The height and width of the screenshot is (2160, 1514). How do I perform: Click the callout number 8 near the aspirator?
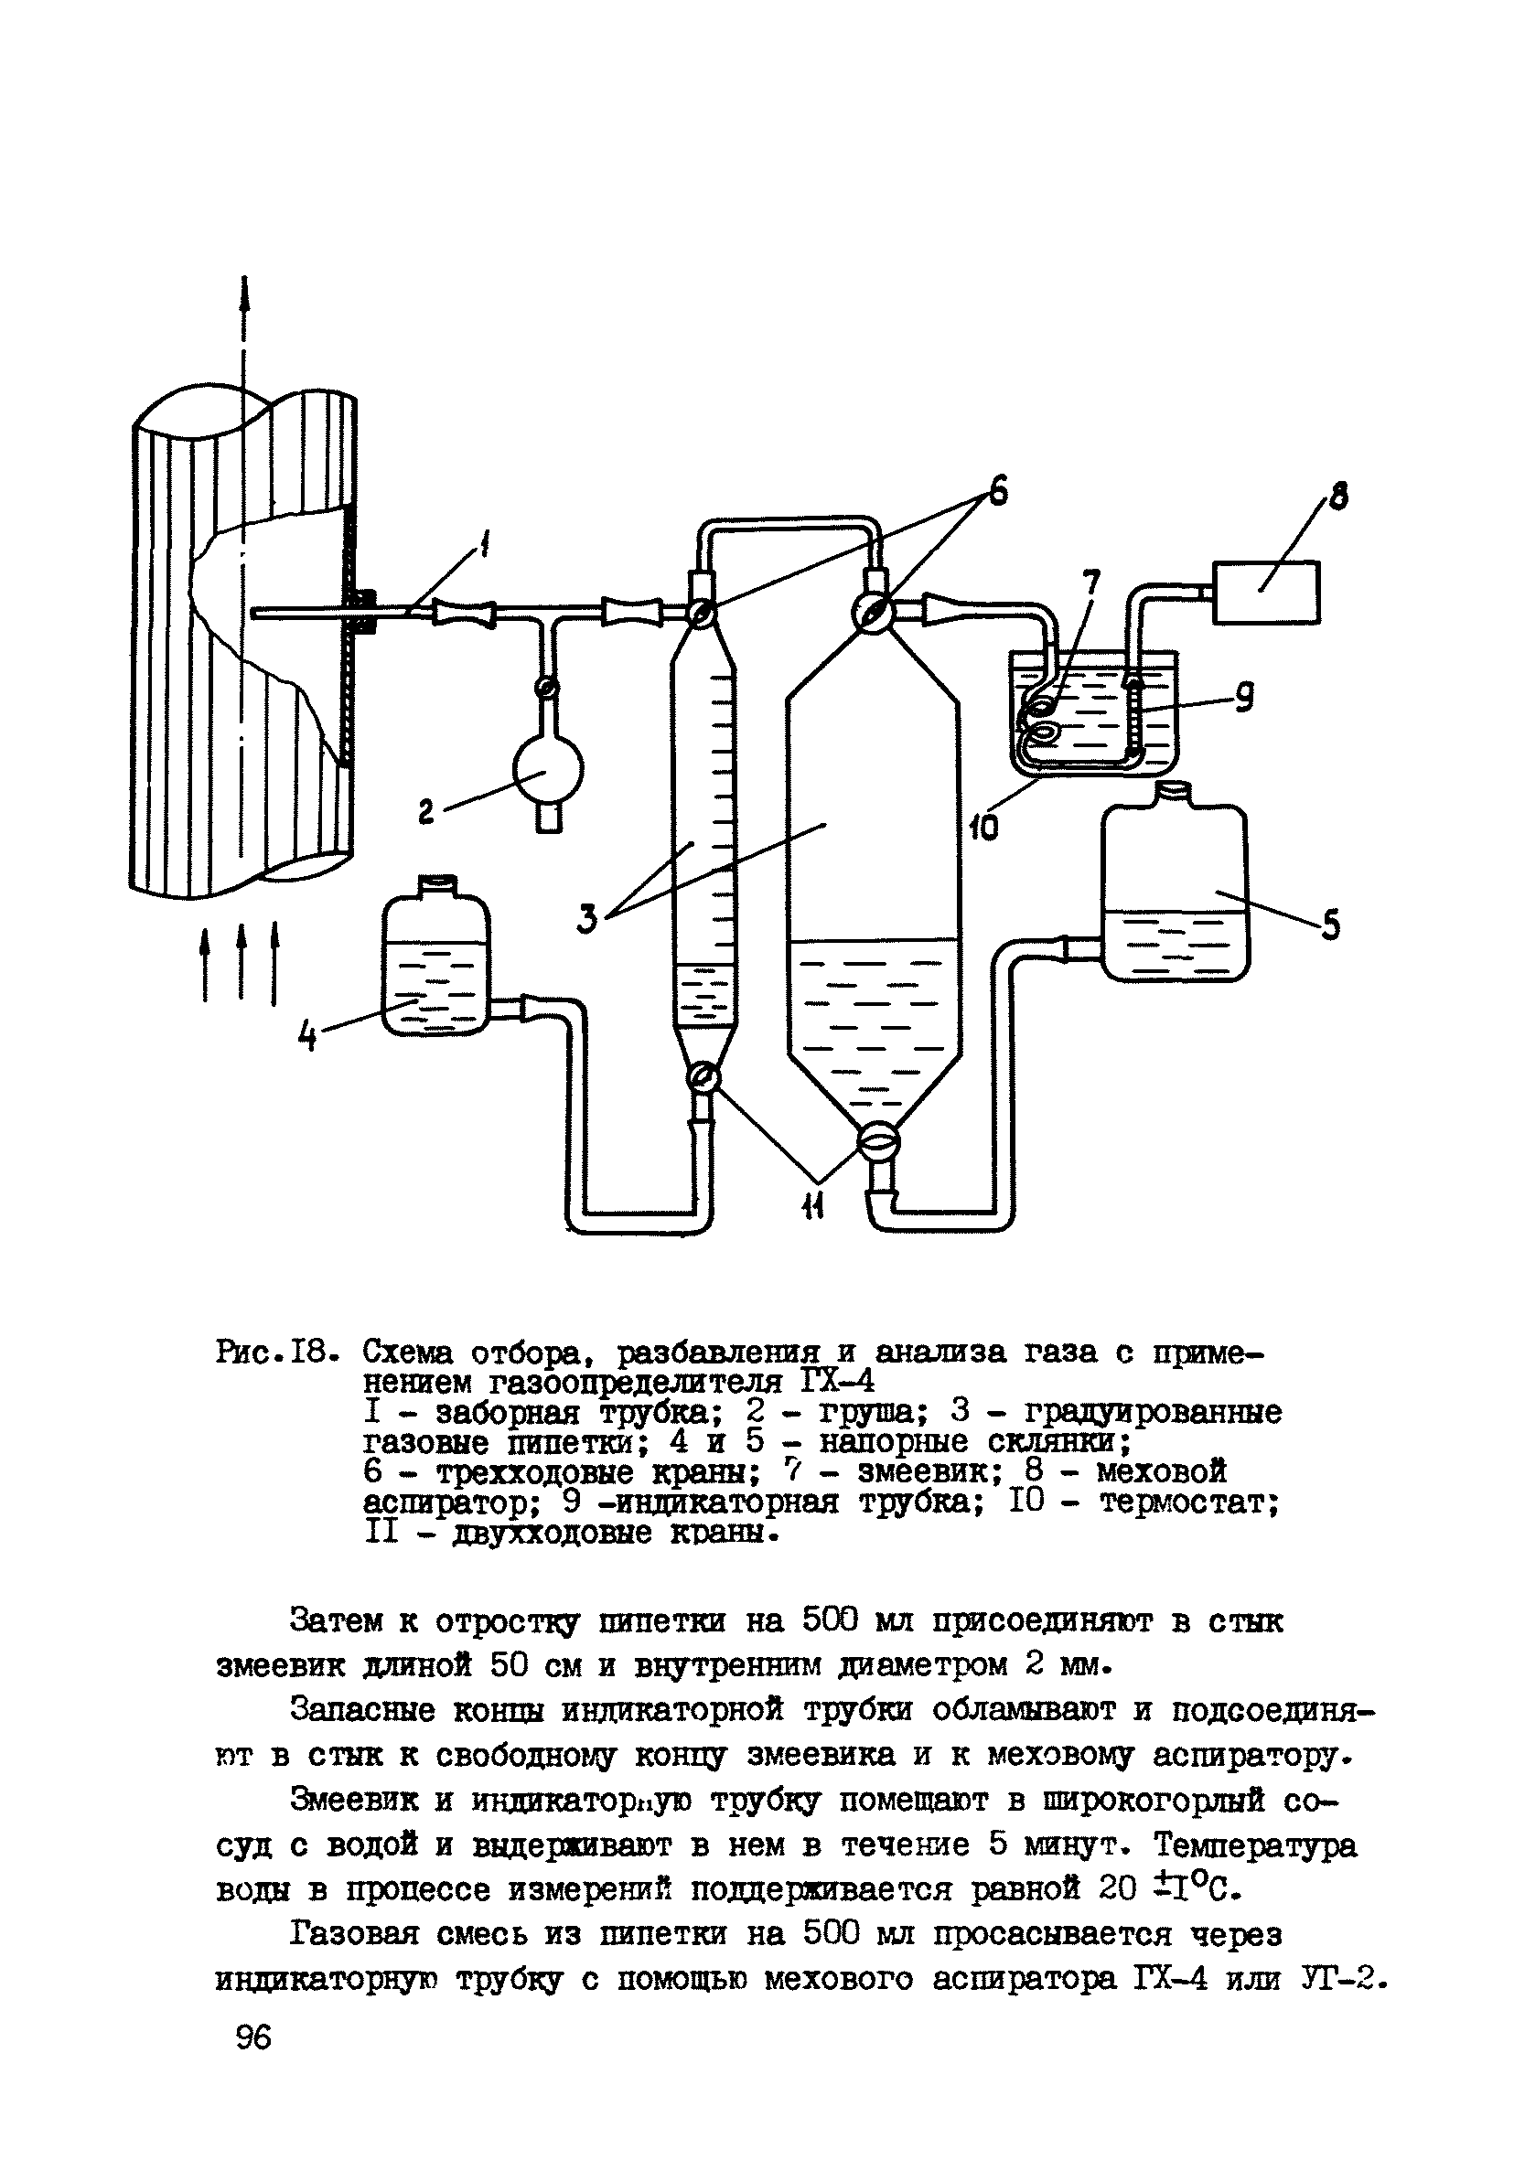pyautogui.click(x=1337, y=496)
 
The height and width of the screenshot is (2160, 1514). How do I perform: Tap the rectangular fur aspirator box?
pyautogui.click(x=1265, y=591)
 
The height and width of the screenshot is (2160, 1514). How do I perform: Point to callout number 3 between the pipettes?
pyautogui.click(x=588, y=918)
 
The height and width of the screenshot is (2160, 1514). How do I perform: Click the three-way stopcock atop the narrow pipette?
pyautogui.click(x=701, y=614)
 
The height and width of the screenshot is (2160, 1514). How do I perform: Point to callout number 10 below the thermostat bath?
pyautogui.click(x=982, y=827)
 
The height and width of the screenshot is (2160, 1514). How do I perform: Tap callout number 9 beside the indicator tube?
pyautogui.click(x=1244, y=698)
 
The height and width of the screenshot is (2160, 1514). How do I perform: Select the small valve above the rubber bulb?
pyautogui.click(x=546, y=689)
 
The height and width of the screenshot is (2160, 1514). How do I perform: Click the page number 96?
pyautogui.click(x=253, y=2037)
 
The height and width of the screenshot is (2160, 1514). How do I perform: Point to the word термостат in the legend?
pyautogui.click(x=1189, y=1502)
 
